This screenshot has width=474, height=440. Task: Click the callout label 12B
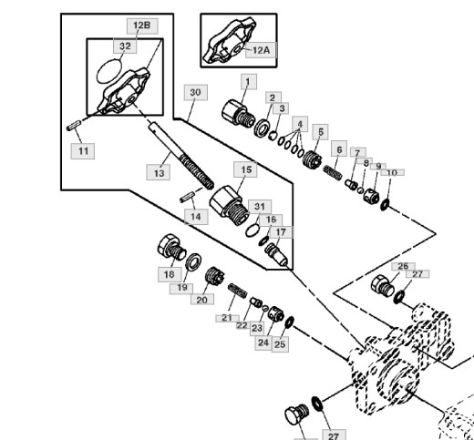point(142,26)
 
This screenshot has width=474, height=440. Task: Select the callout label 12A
point(261,50)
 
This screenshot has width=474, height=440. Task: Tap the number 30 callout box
point(196,92)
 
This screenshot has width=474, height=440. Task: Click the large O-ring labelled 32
point(109,71)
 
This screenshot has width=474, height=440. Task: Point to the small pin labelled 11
point(74,126)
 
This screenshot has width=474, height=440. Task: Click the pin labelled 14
point(188,197)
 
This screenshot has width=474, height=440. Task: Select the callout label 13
point(158,172)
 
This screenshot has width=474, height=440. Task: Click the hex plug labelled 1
point(239,114)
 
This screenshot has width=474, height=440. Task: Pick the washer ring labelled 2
point(262,128)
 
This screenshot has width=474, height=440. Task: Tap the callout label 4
point(300,124)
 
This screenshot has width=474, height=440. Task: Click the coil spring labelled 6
point(333,172)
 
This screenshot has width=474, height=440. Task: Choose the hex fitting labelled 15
point(230,205)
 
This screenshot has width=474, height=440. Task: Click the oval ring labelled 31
point(252,230)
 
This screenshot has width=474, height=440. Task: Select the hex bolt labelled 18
point(171,247)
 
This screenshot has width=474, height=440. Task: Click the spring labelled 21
point(238,291)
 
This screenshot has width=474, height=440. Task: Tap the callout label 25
point(280,344)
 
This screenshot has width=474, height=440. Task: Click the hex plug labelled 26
point(383,286)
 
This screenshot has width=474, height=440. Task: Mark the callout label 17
point(281,232)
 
